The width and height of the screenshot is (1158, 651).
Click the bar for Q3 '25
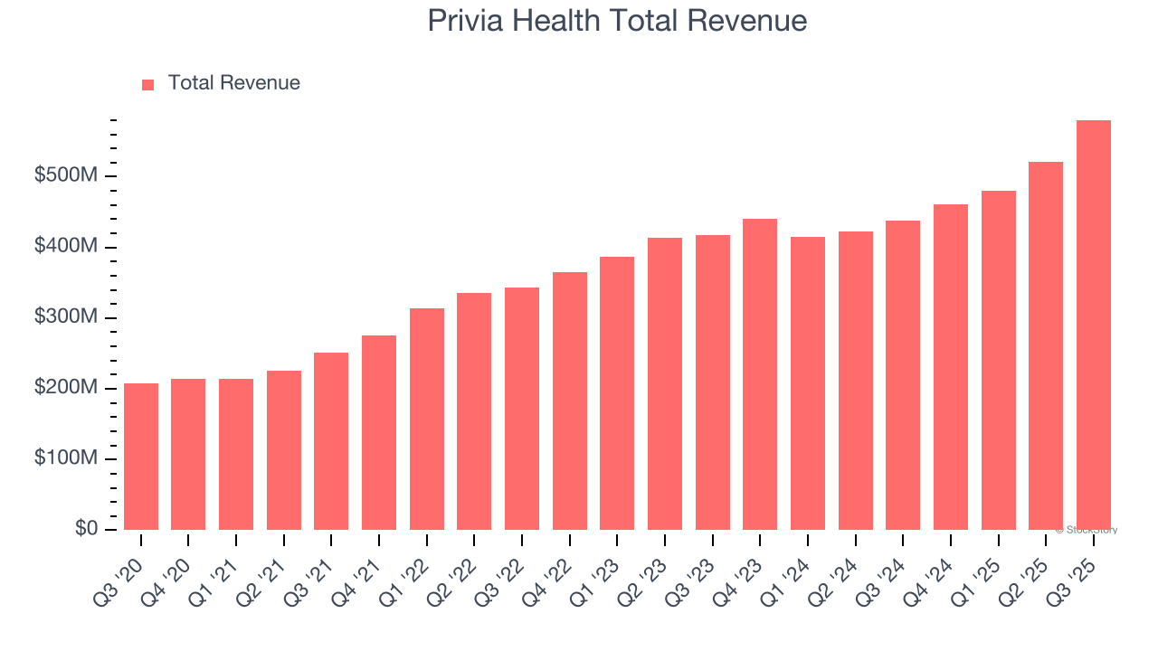[1093, 325]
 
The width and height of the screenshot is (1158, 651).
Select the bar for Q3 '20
[141, 457]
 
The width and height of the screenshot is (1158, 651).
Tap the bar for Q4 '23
[760, 374]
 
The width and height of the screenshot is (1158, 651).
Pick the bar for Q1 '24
[807, 383]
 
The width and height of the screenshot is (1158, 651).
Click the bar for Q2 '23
[665, 383]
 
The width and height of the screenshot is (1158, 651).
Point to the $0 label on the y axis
[87, 529]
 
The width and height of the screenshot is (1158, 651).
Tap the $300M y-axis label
[66, 317]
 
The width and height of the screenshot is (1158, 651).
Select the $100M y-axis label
[66, 458]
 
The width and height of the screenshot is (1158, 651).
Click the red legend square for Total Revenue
[148, 84]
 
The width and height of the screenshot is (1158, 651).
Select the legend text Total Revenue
[233, 83]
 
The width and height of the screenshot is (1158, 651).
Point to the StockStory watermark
[1086, 530]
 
